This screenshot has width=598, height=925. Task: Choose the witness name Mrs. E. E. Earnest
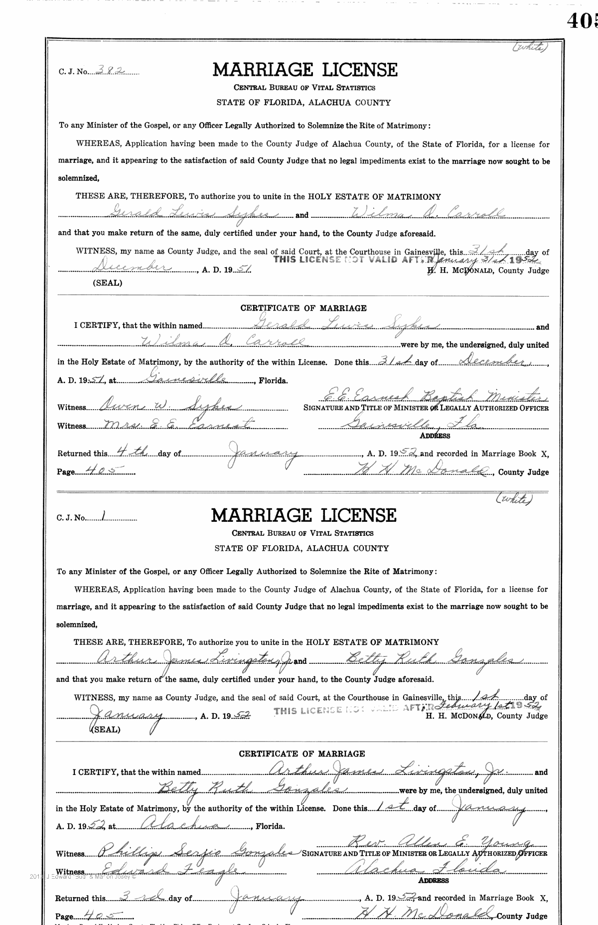coord(177,424)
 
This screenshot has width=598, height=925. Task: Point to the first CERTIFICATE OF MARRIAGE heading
coord(303,308)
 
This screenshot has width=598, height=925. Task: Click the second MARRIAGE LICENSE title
coord(303,515)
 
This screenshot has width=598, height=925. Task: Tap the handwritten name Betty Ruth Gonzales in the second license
coord(426,659)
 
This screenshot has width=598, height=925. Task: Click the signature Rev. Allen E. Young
coord(442,842)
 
